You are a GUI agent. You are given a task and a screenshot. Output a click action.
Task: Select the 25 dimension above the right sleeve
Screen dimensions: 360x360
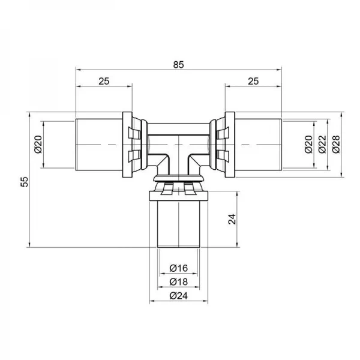coord(253,80)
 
